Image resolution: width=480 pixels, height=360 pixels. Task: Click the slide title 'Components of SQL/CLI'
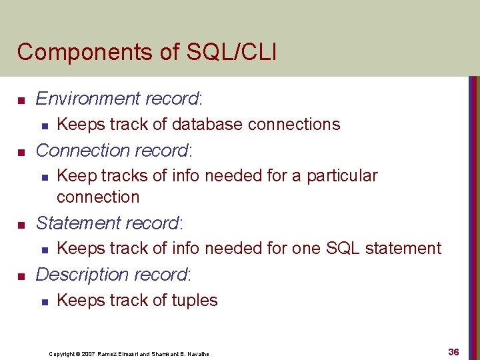[x=147, y=51]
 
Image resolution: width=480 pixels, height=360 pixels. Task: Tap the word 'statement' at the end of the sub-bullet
[x=405, y=249]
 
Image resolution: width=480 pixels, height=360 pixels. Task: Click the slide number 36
[x=453, y=352]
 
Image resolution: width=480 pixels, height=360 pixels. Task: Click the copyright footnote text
[x=129, y=353]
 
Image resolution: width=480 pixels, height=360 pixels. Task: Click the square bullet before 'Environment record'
[x=21, y=101]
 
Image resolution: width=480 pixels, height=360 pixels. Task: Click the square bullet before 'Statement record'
[x=21, y=225]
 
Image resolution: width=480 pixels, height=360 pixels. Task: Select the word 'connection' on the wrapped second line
[x=98, y=197]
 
